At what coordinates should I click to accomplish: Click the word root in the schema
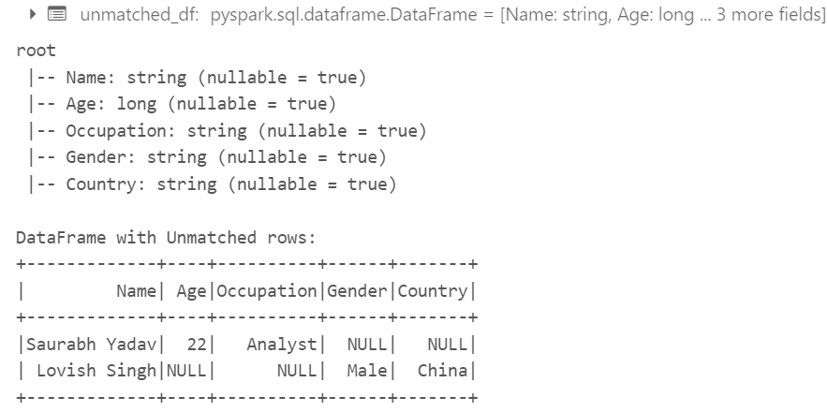click(37, 51)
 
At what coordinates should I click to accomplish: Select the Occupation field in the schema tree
click(110, 130)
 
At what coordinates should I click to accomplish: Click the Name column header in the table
click(136, 291)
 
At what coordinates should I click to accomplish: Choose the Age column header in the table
click(191, 291)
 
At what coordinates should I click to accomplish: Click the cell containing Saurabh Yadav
click(91, 345)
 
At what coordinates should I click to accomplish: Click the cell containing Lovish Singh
click(96, 371)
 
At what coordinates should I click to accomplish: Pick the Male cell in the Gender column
click(366, 371)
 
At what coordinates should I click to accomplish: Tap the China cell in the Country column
click(442, 371)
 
